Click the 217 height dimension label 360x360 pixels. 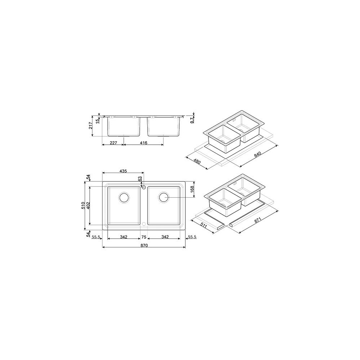click(92, 125)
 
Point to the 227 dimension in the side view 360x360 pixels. click(113, 143)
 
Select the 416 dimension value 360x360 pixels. click(144, 143)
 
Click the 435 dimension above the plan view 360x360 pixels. click(123, 171)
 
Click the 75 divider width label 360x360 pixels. click(144, 237)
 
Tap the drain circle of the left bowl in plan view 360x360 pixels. click(124, 197)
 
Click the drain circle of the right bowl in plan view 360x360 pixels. click(163, 197)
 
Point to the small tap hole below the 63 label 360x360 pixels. click(143, 188)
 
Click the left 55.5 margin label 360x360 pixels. click(96, 237)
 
